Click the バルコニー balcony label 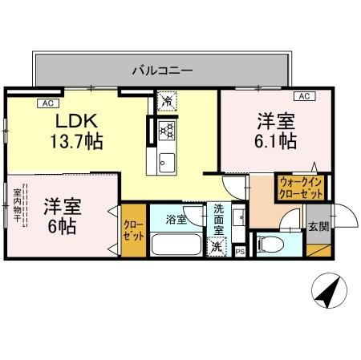coord(162,71)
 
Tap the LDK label coord(77,122)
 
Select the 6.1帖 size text coord(276,142)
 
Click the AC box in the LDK coord(48,103)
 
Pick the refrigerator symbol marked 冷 coord(166,101)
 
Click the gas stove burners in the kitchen coord(167,131)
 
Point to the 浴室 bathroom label coord(176,218)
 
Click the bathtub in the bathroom coord(176,244)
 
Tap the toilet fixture coord(274,244)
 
